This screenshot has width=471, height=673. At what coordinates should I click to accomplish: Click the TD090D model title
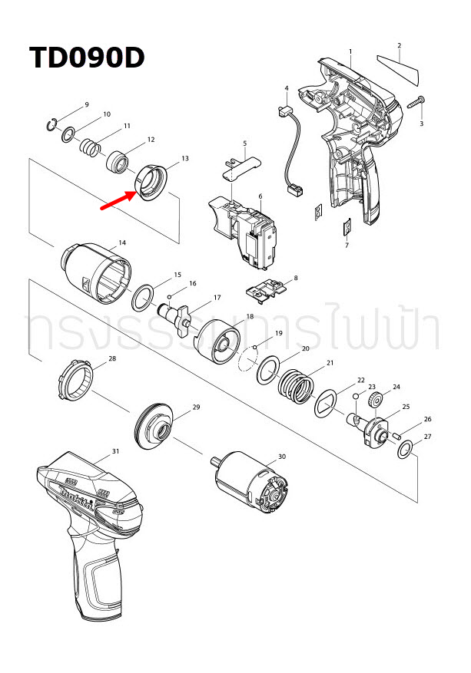87,58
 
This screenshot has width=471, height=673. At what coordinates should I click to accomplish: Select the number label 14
122,243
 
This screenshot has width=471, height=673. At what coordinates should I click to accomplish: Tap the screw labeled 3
420,102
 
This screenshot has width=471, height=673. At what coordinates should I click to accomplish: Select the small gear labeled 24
376,401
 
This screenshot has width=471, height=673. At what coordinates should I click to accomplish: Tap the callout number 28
112,358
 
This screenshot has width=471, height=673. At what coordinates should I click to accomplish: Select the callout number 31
116,450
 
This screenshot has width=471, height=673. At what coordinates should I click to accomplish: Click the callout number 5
244,143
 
